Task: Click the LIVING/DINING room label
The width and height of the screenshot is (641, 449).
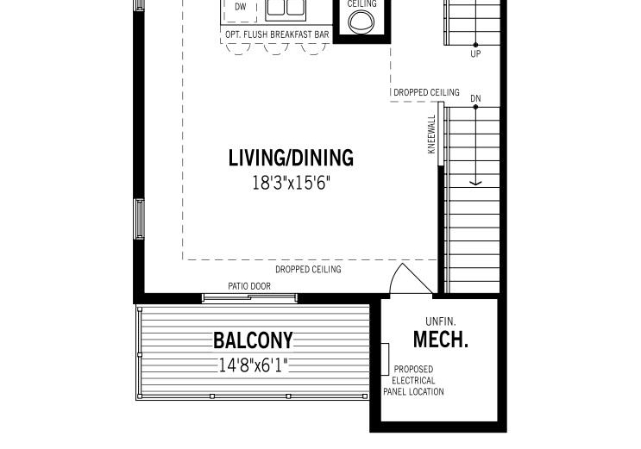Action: click(x=291, y=158)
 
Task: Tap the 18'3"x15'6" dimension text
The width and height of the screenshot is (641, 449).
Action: click(x=291, y=183)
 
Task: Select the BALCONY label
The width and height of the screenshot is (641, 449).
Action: click(x=253, y=340)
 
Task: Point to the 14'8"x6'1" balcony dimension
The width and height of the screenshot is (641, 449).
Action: click(x=253, y=365)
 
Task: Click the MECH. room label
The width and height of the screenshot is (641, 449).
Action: click(x=441, y=340)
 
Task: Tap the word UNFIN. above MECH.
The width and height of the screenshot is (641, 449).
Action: click(x=441, y=321)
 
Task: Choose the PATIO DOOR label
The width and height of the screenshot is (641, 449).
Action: click(x=249, y=286)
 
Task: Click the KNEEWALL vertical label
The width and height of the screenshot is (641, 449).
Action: click(x=431, y=134)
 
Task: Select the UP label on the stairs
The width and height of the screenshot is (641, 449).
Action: click(x=475, y=53)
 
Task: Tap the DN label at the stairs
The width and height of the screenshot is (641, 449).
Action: click(x=475, y=98)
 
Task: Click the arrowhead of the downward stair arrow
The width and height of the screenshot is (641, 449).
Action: click(x=475, y=183)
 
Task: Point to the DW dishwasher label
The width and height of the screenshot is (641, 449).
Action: click(x=241, y=7)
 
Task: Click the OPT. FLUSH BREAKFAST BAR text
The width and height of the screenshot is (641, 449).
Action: click(x=277, y=34)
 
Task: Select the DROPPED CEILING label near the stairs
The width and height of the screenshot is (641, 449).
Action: click(x=426, y=92)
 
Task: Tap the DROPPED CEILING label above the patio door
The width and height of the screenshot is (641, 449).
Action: click(x=308, y=270)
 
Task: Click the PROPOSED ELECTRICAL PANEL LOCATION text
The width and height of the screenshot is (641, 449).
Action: click(x=413, y=380)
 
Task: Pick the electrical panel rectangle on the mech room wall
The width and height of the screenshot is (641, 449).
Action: click(x=385, y=359)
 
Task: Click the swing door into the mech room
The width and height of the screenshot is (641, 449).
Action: click(x=410, y=279)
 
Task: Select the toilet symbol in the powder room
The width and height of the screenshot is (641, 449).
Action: click(x=361, y=22)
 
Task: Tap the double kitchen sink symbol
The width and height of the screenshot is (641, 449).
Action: click(x=286, y=9)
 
